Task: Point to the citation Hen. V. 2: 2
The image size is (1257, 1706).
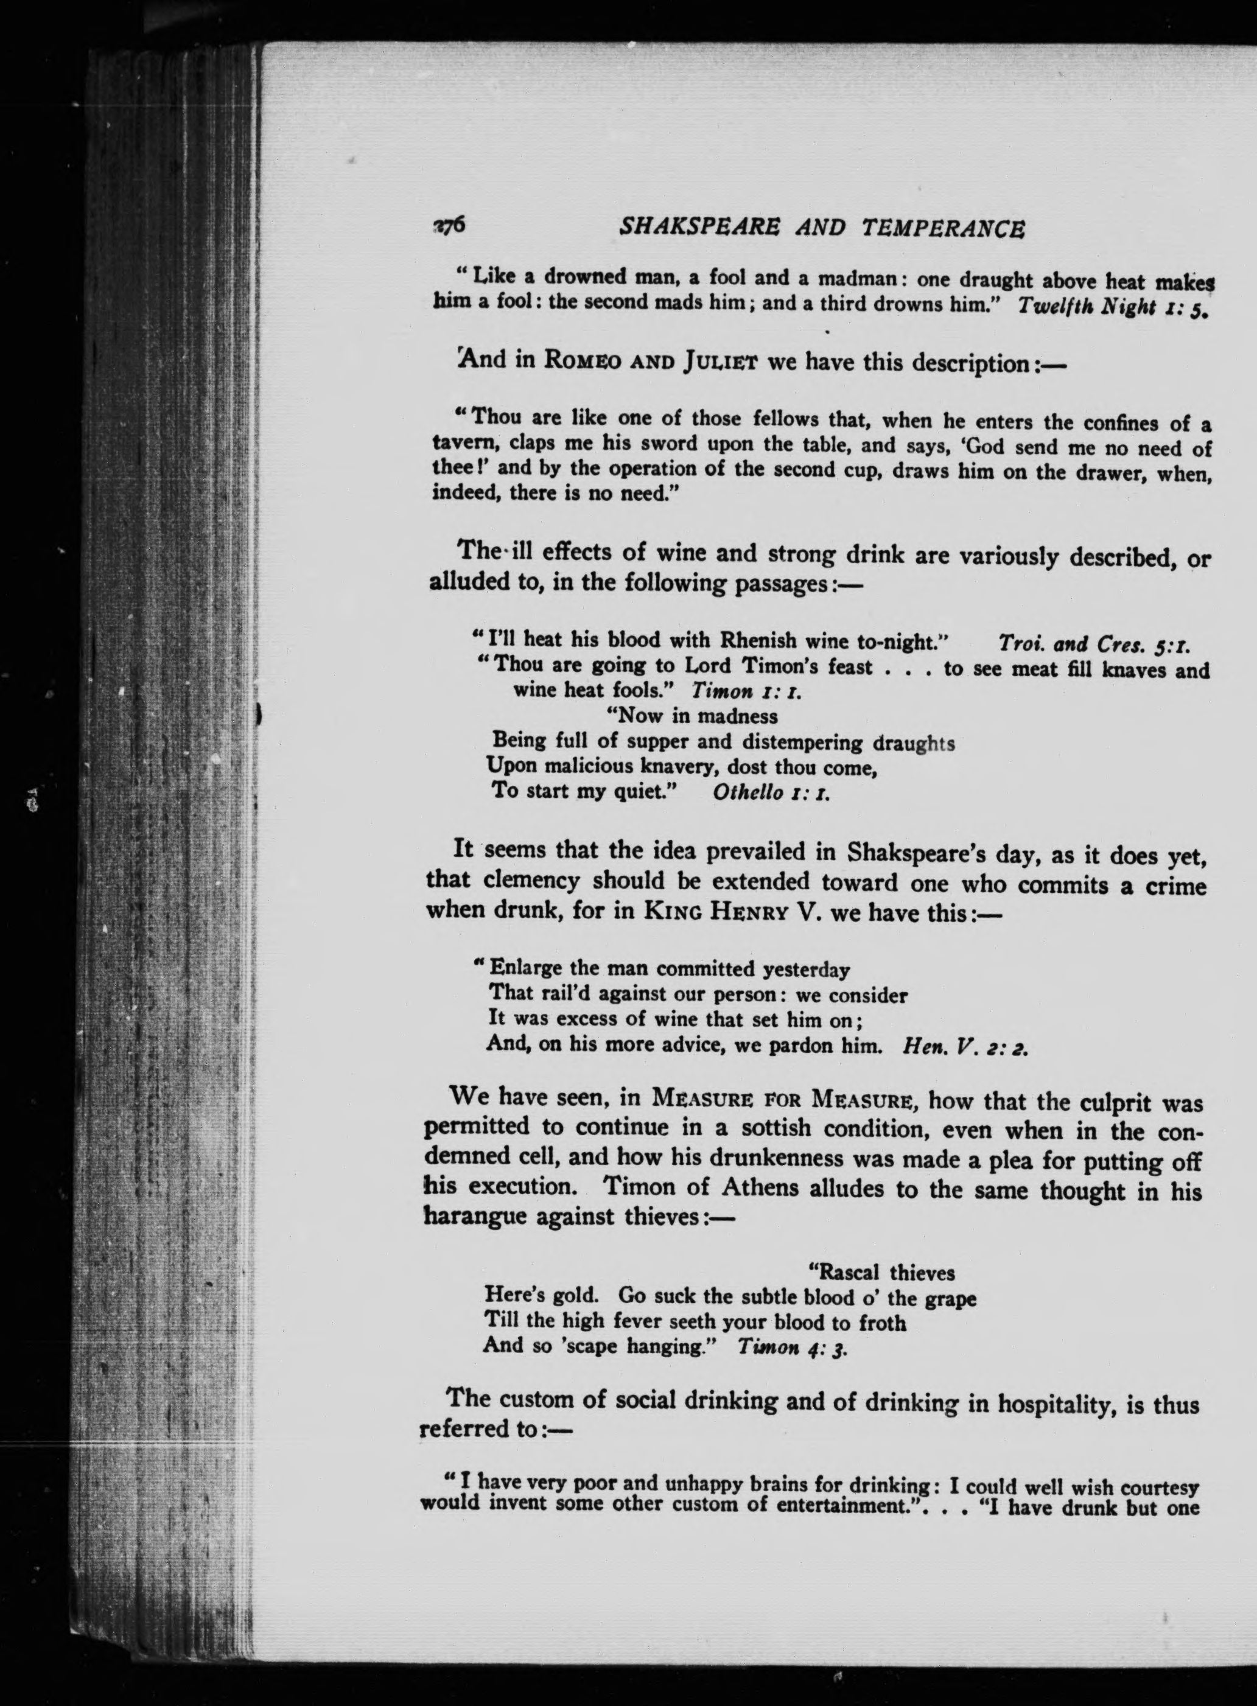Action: (x=965, y=1048)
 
